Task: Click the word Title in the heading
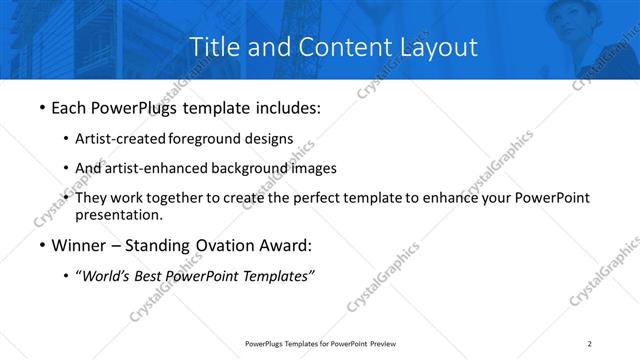[213, 46]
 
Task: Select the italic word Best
[150, 276]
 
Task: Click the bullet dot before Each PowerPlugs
[41, 105]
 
